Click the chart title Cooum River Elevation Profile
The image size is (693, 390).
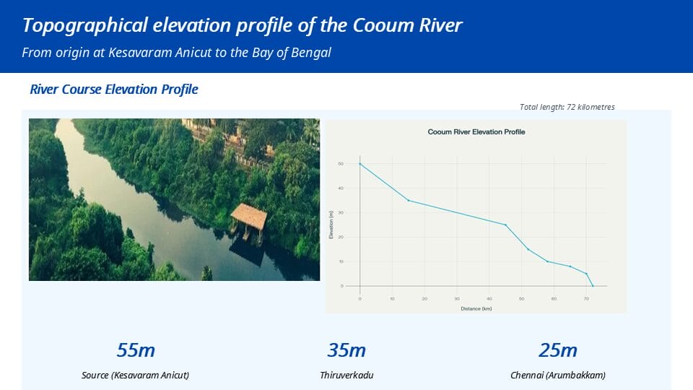click(476, 132)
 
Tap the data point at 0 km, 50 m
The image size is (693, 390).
click(360, 164)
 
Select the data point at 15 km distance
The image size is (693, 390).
click(409, 200)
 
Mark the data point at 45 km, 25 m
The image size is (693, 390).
click(505, 225)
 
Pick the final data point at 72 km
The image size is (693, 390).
click(593, 286)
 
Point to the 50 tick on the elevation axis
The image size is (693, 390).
click(340, 164)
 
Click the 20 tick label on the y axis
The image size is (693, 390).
click(340, 237)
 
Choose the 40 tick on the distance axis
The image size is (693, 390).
click(489, 298)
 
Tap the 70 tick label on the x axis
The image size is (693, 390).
click(586, 298)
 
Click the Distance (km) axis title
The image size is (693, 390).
click(476, 308)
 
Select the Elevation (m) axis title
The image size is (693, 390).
click(331, 225)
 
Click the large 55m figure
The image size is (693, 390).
click(136, 351)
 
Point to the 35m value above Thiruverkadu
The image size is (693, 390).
click(346, 351)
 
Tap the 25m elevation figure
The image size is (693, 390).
click(558, 351)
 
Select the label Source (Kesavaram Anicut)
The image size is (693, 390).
click(136, 376)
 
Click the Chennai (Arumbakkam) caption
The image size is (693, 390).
click(558, 376)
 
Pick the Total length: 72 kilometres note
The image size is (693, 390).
click(567, 107)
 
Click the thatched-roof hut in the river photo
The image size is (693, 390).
click(249, 217)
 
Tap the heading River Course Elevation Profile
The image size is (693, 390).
click(114, 90)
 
